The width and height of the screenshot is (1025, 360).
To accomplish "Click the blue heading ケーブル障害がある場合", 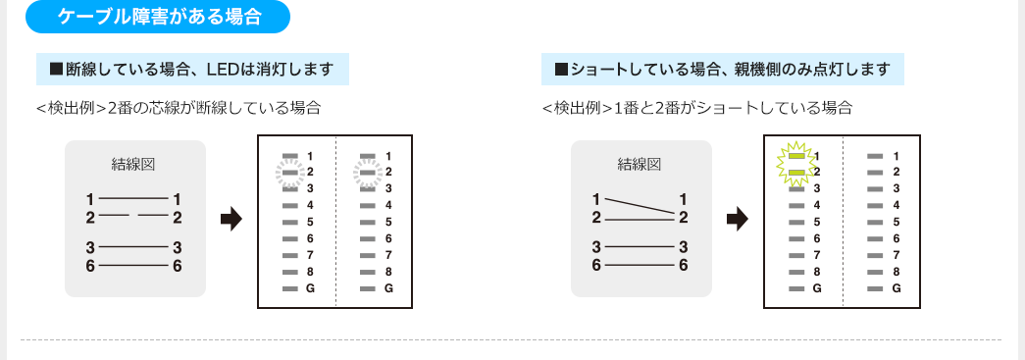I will (x=159, y=17).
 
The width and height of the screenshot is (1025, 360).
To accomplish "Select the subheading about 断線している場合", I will (x=192, y=70).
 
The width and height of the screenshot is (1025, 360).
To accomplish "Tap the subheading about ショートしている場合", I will (x=723, y=70).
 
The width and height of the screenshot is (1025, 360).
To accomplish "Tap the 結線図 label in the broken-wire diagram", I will (x=135, y=163).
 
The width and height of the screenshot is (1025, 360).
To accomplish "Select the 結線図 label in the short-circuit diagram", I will (x=641, y=163).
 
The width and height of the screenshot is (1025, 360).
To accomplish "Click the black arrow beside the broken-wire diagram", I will (x=231, y=220).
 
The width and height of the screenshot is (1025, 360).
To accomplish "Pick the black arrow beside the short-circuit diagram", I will (x=737, y=220).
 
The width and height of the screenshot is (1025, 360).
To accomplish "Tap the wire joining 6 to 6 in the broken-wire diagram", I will (x=134, y=265).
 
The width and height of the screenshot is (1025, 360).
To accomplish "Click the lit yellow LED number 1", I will (x=796, y=156).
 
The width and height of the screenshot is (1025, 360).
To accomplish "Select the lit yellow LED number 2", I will (x=796, y=173).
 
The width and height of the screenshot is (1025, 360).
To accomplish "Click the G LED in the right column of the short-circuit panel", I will (x=875, y=289).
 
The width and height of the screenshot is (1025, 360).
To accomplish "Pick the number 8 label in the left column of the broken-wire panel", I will (x=310, y=273).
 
